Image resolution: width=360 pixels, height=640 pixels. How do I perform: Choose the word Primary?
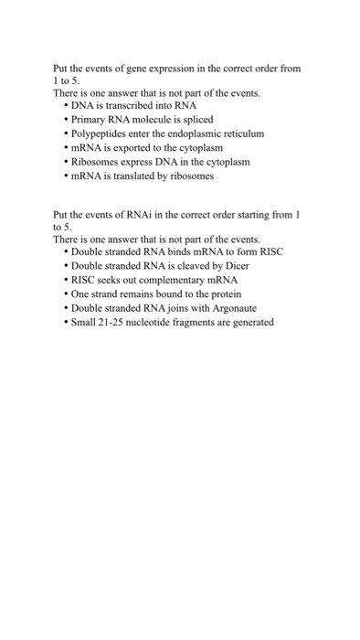(x=89, y=119)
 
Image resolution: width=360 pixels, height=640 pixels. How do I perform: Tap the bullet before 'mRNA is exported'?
(x=65, y=147)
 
